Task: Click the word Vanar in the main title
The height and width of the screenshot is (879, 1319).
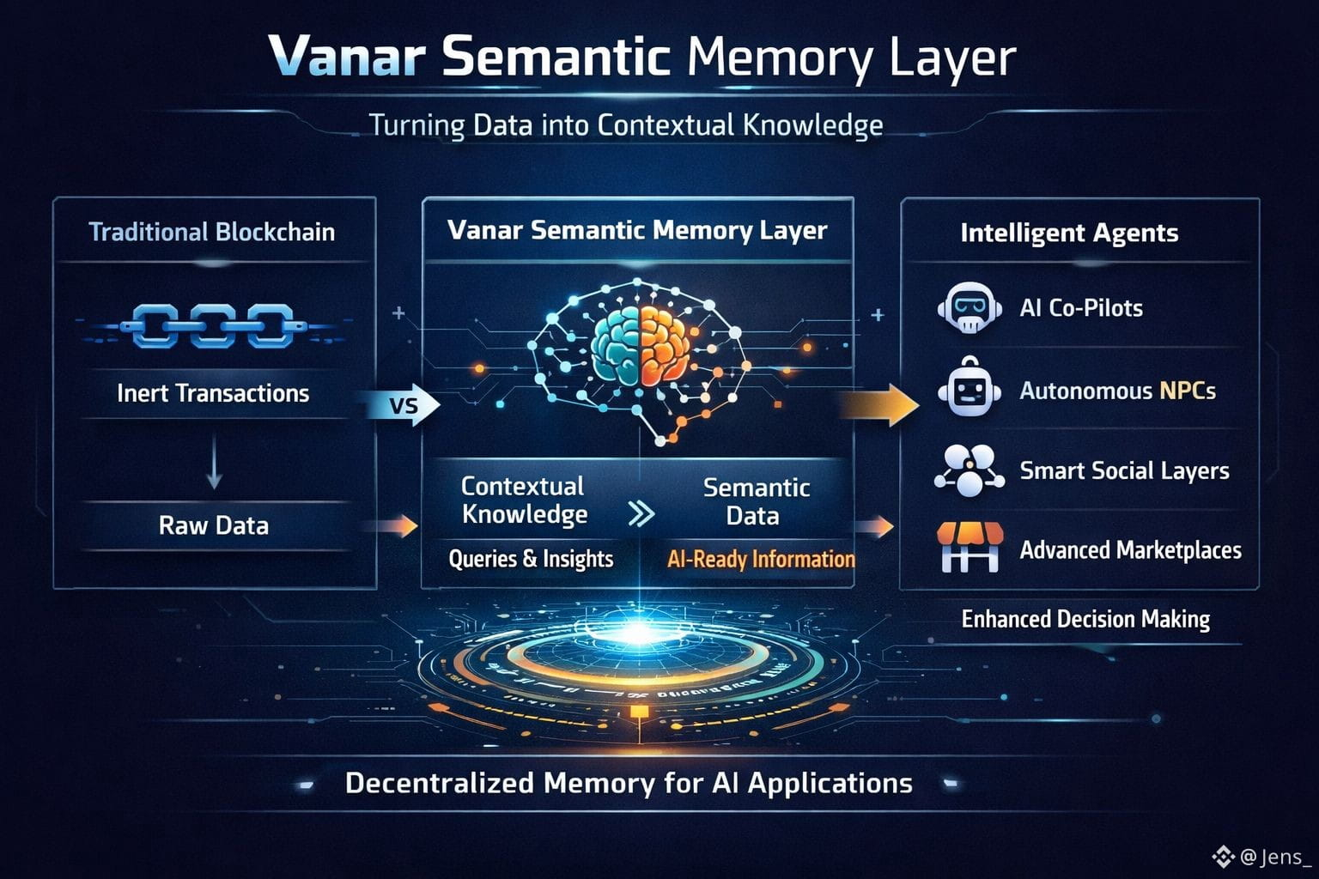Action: (346, 58)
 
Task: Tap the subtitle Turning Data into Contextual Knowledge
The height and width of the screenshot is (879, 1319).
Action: (625, 125)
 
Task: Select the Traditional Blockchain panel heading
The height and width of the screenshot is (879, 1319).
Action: (212, 232)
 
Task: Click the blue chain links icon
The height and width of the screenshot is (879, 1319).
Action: (213, 326)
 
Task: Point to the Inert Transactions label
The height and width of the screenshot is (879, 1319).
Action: (213, 393)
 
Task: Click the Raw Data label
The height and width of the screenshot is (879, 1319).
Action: (214, 525)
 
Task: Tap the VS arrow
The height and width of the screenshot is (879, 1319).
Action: (404, 404)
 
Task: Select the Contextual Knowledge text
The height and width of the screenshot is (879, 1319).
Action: (524, 500)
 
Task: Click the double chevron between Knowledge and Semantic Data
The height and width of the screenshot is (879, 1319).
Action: (641, 513)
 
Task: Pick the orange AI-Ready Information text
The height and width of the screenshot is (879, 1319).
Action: (761, 560)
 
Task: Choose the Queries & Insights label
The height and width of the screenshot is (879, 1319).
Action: (531, 559)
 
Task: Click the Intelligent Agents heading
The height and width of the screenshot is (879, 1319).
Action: (1069, 233)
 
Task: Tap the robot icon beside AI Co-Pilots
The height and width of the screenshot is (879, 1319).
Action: (969, 308)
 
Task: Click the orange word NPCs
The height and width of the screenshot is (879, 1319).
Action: (1188, 391)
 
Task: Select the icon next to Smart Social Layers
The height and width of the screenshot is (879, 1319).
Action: (969, 470)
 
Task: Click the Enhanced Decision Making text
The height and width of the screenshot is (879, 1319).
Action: (1085, 620)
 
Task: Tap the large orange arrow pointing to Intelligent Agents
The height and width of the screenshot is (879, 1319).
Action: (879, 404)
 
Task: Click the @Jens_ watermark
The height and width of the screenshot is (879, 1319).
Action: (1265, 857)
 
